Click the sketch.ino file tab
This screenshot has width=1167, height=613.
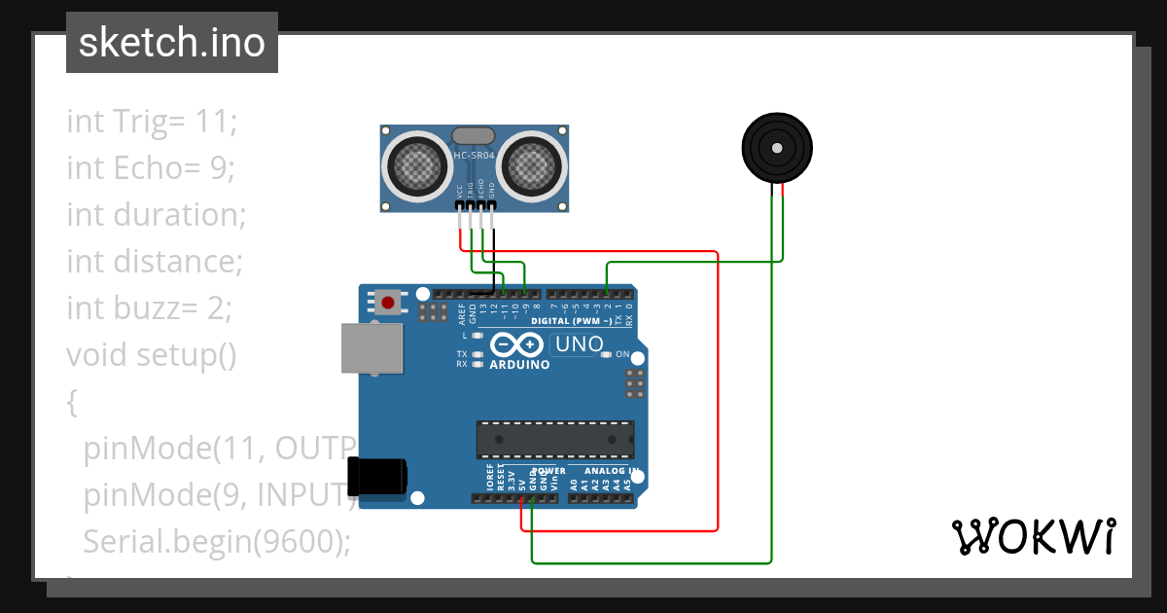pyautogui.click(x=171, y=43)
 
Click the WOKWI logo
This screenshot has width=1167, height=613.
pyautogui.click(x=1033, y=536)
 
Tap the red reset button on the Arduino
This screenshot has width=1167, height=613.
pyautogui.click(x=388, y=303)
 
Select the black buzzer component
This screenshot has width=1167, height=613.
pyautogui.click(x=777, y=148)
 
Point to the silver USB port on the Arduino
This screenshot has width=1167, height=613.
pyautogui.click(x=371, y=348)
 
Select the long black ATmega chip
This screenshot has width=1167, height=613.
pyautogui.click(x=554, y=440)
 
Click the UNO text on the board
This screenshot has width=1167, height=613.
pyautogui.click(x=581, y=344)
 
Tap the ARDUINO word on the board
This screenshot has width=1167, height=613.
pyautogui.click(x=519, y=365)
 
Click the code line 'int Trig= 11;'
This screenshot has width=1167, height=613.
pyautogui.click(x=152, y=122)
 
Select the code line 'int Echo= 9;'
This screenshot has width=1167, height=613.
pyautogui.click(x=151, y=168)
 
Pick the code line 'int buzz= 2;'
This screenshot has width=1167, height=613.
pyautogui.click(x=150, y=308)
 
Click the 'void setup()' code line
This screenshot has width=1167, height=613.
pyautogui.click(x=152, y=355)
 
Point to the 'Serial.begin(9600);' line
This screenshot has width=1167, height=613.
pyautogui.click(x=216, y=541)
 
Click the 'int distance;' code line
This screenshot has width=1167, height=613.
pyautogui.click(x=154, y=262)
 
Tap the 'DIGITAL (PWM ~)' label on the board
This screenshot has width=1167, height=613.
pyautogui.click(x=572, y=320)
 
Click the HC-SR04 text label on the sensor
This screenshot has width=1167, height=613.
pyautogui.click(x=475, y=156)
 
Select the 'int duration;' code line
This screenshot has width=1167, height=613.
pyautogui.click(x=156, y=215)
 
